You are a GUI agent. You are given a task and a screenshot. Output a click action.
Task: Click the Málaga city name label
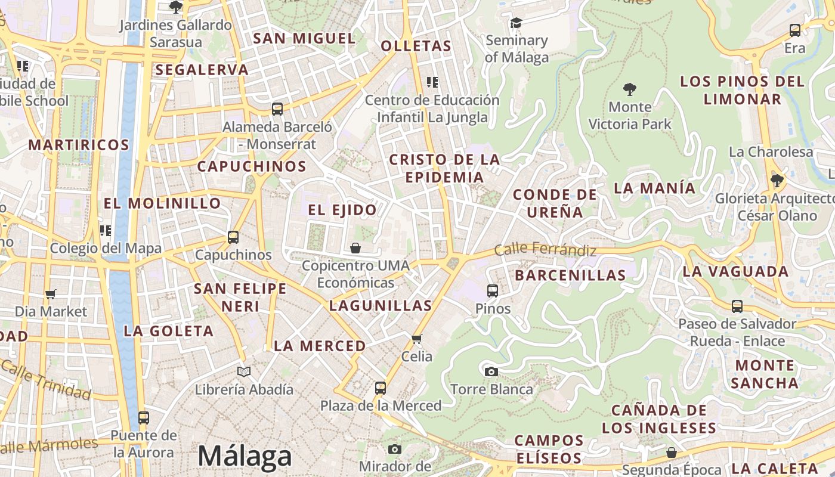pyautogui.click(x=245, y=456)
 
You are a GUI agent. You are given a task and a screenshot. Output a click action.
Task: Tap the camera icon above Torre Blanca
pyautogui.click(x=491, y=372)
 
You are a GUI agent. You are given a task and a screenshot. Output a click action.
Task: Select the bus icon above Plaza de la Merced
pyautogui.click(x=381, y=388)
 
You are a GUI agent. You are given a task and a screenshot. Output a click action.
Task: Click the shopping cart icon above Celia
pyautogui.click(x=416, y=339)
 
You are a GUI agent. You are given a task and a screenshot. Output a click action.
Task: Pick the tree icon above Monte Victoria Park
pyautogui.click(x=629, y=90)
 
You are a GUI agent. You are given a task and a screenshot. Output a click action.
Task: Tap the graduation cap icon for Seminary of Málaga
pyautogui.click(x=516, y=23)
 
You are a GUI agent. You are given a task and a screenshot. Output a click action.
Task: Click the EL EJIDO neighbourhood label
pyautogui.click(x=342, y=210)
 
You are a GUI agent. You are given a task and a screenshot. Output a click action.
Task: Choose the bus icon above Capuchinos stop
pyautogui.click(x=233, y=237)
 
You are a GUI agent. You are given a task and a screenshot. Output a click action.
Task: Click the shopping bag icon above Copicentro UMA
pyautogui.click(x=355, y=248)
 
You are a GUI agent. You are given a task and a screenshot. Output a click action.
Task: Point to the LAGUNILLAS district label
pyautogui.click(x=381, y=306)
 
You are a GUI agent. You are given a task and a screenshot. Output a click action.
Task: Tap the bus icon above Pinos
pyautogui.click(x=493, y=291)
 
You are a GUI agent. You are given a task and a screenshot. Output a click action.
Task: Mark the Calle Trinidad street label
pyautogui.click(x=47, y=379)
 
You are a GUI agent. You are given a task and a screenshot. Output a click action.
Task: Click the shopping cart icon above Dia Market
pyautogui.click(x=51, y=294)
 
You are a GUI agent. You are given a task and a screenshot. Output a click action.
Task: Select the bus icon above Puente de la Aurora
pyautogui.click(x=144, y=418)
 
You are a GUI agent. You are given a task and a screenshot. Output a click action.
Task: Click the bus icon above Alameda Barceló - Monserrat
pyautogui.click(x=277, y=109)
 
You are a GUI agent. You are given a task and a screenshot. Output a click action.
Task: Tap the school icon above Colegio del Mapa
pyautogui.click(x=106, y=231)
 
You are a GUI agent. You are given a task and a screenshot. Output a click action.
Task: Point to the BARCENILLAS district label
pyautogui.click(x=570, y=275)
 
